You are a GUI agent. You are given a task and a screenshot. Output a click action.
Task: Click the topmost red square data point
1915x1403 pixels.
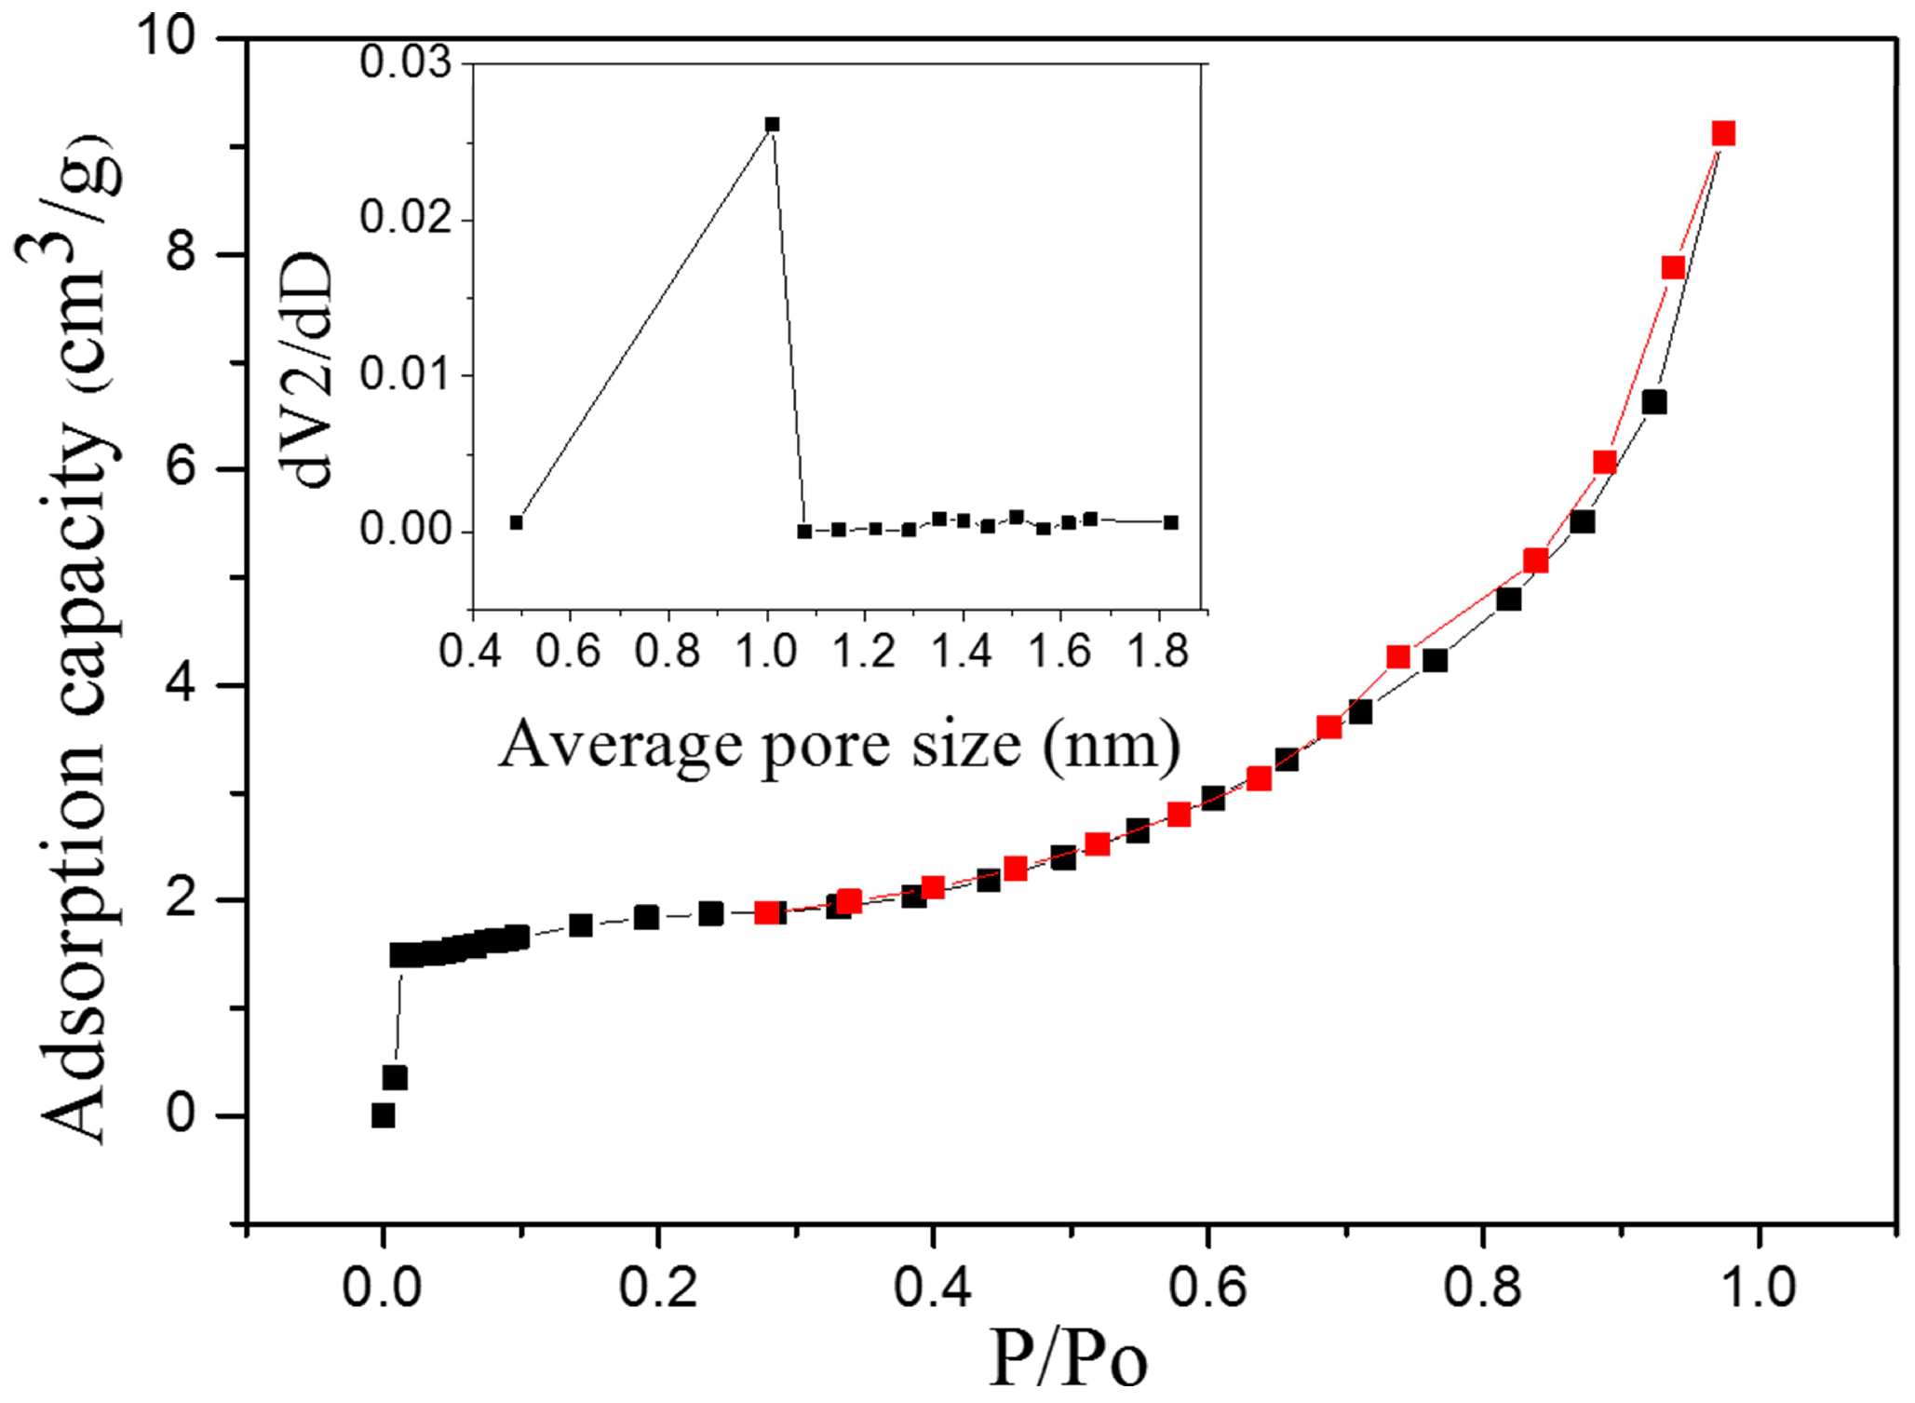1723,133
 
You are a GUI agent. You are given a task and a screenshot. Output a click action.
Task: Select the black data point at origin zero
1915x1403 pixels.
383,1115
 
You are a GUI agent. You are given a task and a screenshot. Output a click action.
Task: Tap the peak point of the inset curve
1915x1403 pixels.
772,124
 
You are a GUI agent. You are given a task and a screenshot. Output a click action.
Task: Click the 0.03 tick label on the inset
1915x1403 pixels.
405,62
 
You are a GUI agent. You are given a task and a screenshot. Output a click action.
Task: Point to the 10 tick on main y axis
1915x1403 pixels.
167,37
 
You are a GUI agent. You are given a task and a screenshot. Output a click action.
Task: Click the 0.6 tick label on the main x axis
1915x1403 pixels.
1207,1288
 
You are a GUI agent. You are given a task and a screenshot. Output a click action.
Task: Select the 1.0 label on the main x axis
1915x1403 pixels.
1757,1288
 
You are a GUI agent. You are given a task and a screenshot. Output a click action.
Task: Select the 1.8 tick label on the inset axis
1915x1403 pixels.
1157,651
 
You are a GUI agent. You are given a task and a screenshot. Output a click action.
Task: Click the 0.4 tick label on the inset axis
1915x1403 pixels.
470,651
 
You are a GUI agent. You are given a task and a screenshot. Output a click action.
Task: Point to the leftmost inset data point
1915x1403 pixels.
517,522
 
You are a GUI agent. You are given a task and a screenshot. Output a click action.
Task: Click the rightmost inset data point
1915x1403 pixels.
1171,522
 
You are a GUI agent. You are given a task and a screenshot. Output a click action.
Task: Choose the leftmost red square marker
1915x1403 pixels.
767,912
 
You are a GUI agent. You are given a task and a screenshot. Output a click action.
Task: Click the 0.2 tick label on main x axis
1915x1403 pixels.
657,1288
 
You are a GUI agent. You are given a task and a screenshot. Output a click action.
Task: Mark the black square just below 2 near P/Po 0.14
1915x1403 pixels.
581,925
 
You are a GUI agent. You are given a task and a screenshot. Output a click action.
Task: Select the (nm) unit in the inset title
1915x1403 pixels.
1112,746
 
